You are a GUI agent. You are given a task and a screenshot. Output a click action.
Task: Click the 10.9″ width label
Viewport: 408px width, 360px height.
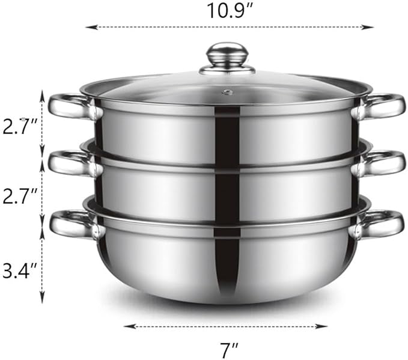coord(227,10)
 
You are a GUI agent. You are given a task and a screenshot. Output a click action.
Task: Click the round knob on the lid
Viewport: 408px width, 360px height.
coord(227,55)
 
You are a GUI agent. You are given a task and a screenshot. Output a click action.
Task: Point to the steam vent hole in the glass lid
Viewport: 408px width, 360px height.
coord(227,92)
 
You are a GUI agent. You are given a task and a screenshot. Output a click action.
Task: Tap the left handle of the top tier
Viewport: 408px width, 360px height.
coord(67,106)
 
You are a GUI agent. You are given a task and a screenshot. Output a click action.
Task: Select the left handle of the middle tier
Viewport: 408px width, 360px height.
coord(67,163)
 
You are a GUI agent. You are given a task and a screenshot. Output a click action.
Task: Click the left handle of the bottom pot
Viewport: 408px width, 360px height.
coord(70,224)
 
